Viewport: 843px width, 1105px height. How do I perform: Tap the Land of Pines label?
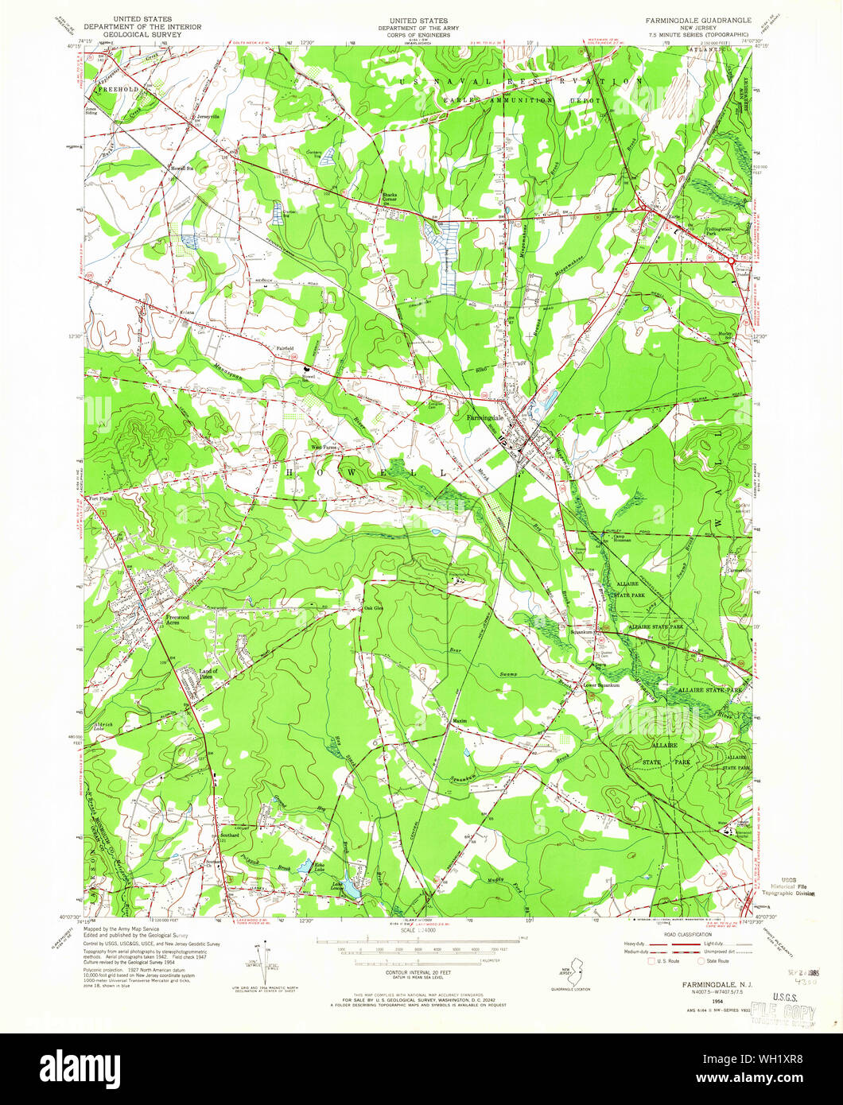tap(208, 673)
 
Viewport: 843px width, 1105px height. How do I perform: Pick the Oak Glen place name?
tap(374, 609)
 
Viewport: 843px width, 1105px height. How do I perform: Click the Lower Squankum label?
tap(600, 685)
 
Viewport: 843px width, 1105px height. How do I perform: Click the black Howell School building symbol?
tap(305, 368)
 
